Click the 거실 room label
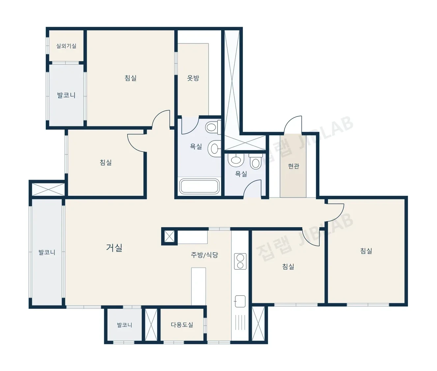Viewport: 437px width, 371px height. pyautogui.click(x=114, y=248)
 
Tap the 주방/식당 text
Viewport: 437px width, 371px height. pyautogui.click(x=204, y=255)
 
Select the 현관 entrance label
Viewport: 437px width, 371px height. pyautogui.click(x=293, y=166)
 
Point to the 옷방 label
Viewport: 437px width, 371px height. pyautogui.click(x=193, y=78)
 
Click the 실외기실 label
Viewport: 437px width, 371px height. pyautogui.click(x=66, y=46)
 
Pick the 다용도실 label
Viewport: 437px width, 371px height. pyautogui.click(x=182, y=325)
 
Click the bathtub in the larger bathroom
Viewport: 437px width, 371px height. pyautogui.click(x=199, y=186)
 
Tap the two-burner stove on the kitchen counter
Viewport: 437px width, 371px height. pyautogui.click(x=240, y=261)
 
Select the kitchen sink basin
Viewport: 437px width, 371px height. pyautogui.click(x=240, y=301)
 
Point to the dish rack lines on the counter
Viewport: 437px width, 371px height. pyautogui.click(x=240, y=322)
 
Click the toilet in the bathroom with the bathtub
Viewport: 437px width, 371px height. pyautogui.click(x=213, y=127)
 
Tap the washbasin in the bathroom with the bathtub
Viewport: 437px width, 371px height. pyautogui.click(x=214, y=148)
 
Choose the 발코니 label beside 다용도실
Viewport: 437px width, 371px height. pyautogui.click(x=125, y=325)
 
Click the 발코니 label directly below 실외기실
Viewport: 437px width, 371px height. pyautogui.click(x=66, y=95)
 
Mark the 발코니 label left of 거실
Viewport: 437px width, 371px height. pyautogui.click(x=47, y=252)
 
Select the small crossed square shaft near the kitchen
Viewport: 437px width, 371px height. pyautogui.click(x=169, y=236)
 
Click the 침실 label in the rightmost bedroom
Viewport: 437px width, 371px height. pyautogui.click(x=366, y=251)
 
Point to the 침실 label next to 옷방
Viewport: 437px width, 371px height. pyautogui.click(x=131, y=78)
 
